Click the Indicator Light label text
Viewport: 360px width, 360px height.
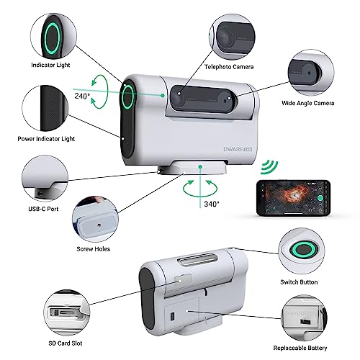50,65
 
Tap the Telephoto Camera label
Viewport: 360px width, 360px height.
229,67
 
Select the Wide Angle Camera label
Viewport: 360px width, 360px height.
308,103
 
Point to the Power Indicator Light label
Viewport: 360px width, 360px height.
46,139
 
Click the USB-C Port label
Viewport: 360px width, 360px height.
43,209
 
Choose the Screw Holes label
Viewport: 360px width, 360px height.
94,249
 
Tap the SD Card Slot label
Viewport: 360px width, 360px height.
66,343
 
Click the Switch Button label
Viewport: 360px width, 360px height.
299,282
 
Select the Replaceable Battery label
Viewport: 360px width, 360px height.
300,348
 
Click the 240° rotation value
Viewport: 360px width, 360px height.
82,96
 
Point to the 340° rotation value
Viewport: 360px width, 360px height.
212,204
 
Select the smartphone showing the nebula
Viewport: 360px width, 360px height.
293,198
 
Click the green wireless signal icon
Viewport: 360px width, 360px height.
269,167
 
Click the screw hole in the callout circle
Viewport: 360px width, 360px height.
99,225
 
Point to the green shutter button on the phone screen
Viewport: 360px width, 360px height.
320,198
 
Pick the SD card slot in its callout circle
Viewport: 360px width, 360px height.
64,313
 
